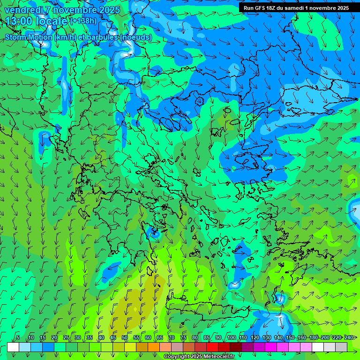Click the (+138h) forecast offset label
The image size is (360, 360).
pos(83,21)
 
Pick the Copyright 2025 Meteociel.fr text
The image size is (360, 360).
pos(199,357)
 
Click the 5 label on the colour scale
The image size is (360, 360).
pos(18,337)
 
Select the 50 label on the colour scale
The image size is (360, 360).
pos(125,337)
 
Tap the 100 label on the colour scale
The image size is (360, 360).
pos(231,337)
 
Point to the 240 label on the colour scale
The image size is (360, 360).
pos(348,337)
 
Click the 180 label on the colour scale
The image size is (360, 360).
pos(313,337)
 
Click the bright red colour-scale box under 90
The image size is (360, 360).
pos(212,347)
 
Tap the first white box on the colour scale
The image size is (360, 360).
pos(13,347)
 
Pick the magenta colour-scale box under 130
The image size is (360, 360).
pos(271,347)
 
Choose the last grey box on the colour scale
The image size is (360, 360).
pos(341,347)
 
